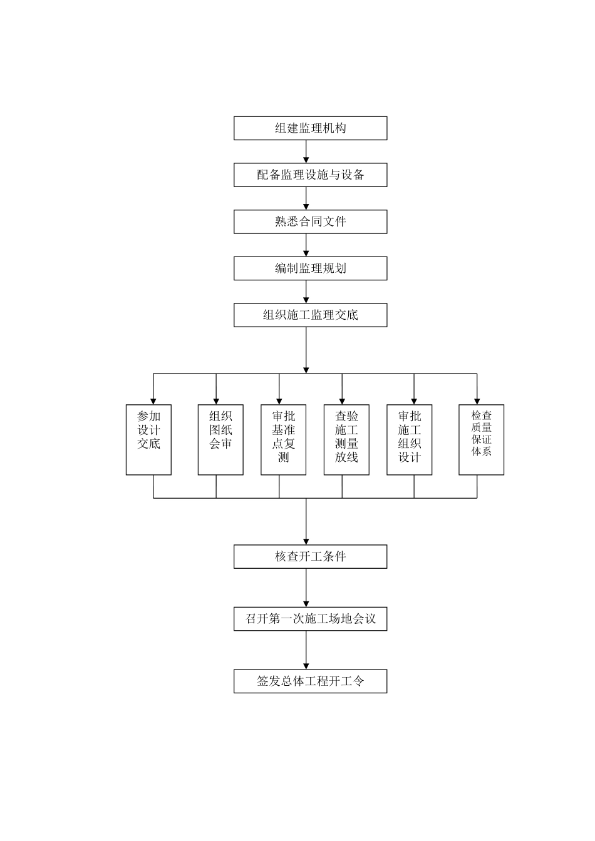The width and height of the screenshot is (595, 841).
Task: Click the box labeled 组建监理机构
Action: (x=310, y=128)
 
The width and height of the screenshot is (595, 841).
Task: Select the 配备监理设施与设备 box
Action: (x=310, y=175)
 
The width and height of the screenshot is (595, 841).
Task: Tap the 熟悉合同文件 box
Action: (x=310, y=222)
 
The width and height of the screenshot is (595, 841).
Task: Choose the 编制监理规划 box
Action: (x=310, y=268)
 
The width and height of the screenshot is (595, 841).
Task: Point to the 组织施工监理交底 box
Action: (x=310, y=315)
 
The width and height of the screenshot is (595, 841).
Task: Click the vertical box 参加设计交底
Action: (x=148, y=439)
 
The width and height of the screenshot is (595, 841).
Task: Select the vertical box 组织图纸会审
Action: (x=220, y=439)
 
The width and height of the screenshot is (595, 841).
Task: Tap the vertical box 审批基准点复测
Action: (x=283, y=439)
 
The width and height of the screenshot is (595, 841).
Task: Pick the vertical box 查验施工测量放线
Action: (x=346, y=439)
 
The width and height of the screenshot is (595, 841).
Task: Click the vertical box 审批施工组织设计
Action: (x=409, y=439)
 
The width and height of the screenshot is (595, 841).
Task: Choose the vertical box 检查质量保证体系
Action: (x=481, y=439)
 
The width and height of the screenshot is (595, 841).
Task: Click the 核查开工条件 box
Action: (x=310, y=556)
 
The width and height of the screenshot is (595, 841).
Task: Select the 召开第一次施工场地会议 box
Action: (x=310, y=619)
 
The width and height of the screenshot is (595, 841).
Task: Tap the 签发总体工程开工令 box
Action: (x=310, y=681)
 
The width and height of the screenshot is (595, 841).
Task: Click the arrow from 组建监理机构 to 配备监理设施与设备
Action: (x=306, y=152)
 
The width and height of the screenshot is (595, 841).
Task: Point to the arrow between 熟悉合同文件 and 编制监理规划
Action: (x=306, y=245)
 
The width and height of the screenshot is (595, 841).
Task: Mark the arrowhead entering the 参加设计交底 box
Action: (x=153, y=400)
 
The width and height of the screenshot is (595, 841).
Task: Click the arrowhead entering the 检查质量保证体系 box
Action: (x=477, y=400)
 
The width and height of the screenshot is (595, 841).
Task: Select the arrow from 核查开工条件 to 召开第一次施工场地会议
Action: (x=306, y=588)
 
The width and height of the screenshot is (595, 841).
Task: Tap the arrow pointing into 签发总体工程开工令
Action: (x=306, y=651)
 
